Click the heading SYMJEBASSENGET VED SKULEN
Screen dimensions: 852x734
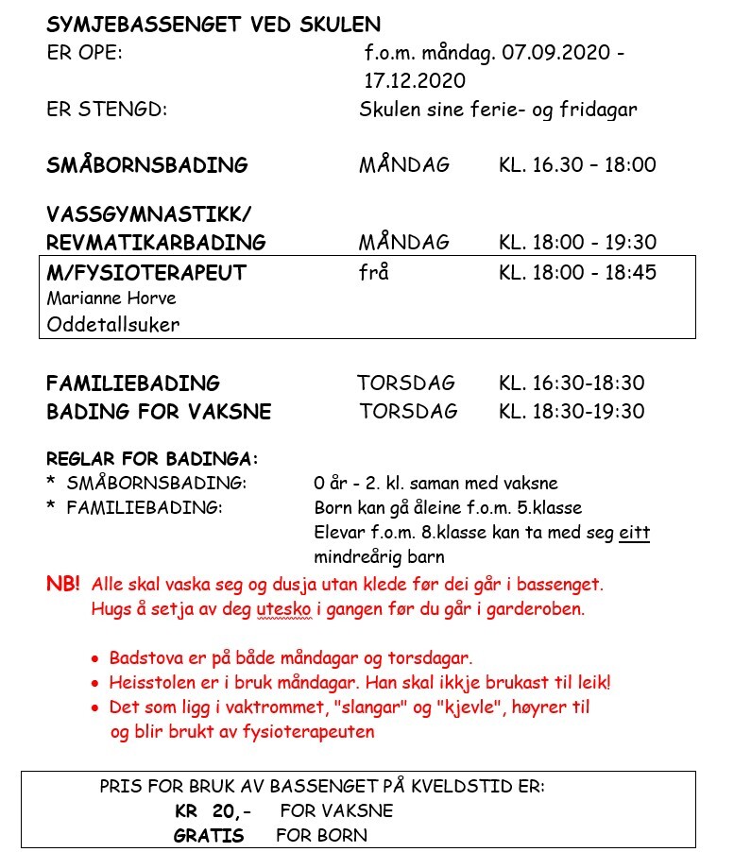click(x=213, y=25)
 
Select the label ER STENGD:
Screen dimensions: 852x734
click(x=107, y=110)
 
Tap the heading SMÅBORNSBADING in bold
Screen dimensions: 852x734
click(x=147, y=165)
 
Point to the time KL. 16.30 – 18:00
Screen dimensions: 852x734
click(x=576, y=165)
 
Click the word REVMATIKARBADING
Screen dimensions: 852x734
click(x=156, y=243)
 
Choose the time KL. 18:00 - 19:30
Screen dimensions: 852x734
click(x=577, y=243)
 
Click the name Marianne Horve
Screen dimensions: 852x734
click(x=111, y=298)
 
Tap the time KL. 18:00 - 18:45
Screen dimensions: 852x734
click(x=577, y=273)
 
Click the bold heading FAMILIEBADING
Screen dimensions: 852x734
click(x=133, y=383)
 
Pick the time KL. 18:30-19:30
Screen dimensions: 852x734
click(x=572, y=412)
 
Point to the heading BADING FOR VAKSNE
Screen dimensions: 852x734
click(x=159, y=412)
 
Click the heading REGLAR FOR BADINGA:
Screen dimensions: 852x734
click(x=152, y=459)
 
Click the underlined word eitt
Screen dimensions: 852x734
click(x=634, y=533)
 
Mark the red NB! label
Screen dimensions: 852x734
click(x=63, y=584)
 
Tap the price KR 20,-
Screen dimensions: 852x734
click(x=213, y=811)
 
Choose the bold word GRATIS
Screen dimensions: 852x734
click(x=209, y=836)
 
